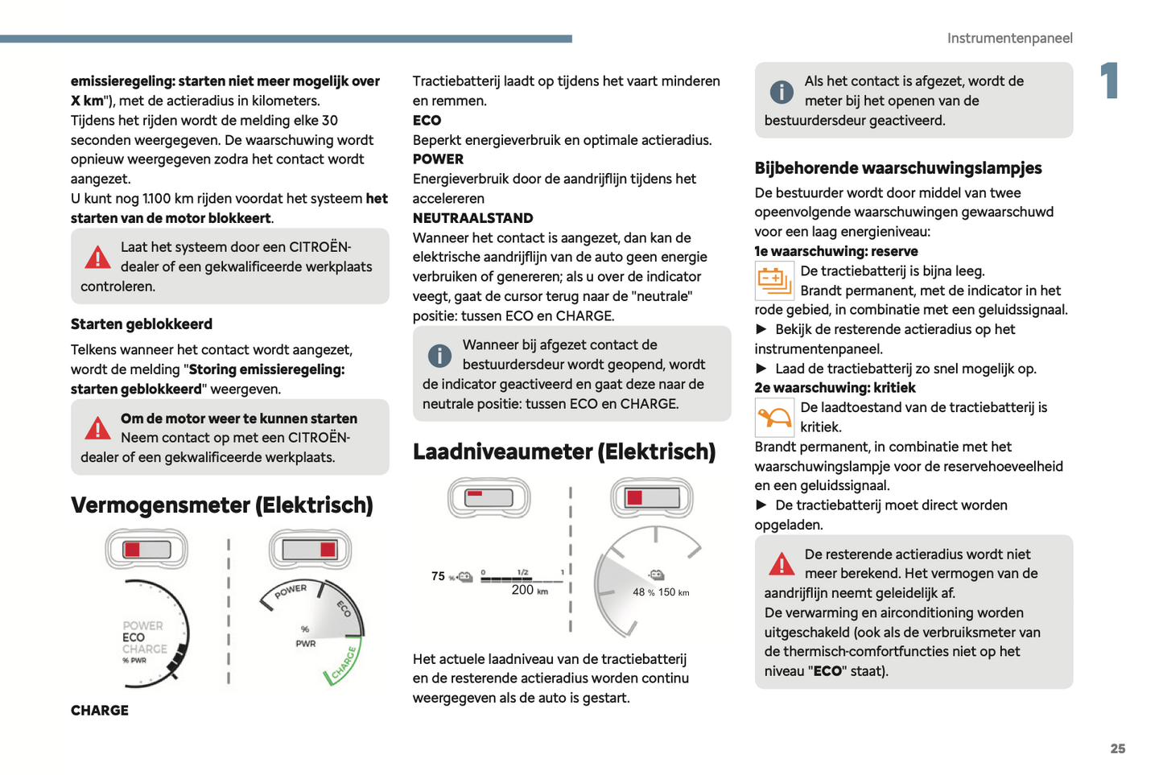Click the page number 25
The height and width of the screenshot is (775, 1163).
1117,748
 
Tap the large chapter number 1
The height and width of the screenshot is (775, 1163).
1110,80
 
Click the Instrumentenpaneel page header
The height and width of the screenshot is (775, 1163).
1009,38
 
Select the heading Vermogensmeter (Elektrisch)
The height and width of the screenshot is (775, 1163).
222,505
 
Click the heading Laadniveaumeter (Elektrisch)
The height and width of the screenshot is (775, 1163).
563,451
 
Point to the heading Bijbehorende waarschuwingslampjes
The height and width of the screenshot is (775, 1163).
897,168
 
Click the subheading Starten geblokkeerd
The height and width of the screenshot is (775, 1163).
142,324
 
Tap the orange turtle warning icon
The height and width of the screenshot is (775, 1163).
774,418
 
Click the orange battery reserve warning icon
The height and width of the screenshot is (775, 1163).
774,281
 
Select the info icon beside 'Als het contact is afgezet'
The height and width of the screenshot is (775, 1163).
781,92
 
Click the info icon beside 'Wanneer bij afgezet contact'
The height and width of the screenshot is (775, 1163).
439,356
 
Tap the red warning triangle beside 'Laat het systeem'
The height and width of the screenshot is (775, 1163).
97,258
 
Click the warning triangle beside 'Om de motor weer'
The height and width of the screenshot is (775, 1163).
97,428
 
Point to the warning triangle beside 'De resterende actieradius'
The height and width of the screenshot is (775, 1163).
781,564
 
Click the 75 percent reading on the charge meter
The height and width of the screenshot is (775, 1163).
438,576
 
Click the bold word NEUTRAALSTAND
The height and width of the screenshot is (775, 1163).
472,218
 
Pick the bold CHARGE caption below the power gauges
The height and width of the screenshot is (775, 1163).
100,711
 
